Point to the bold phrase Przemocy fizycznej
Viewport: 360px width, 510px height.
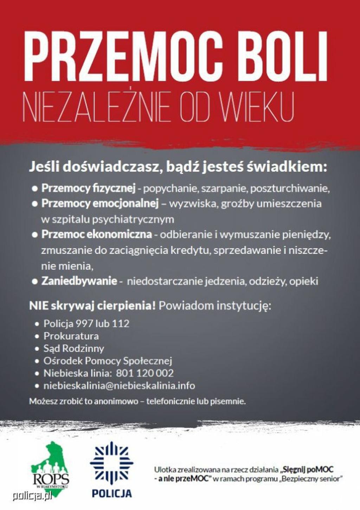click(x=88, y=188)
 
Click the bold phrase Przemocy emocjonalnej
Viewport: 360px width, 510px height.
click(x=100, y=204)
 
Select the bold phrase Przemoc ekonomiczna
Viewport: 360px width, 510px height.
click(x=97, y=234)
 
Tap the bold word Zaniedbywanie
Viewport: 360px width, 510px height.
click(x=79, y=281)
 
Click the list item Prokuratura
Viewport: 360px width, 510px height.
click(x=71, y=336)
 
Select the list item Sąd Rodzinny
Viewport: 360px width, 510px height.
click(x=73, y=348)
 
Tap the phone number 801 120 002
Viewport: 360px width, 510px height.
click(x=145, y=373)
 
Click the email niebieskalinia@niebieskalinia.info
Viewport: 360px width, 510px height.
click(x=119, y=386)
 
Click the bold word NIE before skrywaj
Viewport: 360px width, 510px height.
click(x=38, y=306)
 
